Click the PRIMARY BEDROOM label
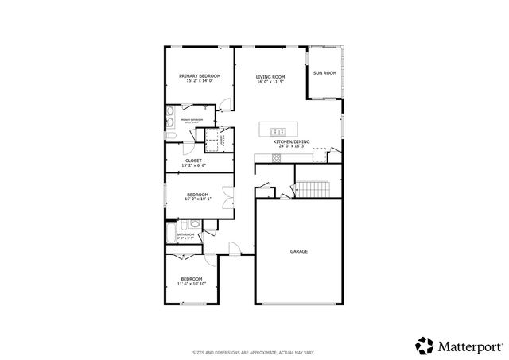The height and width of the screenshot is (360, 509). [200, 76]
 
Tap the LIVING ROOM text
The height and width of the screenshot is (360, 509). [270, 76]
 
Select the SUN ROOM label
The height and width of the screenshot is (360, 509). [324, 72]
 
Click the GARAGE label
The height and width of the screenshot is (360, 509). [299, 251]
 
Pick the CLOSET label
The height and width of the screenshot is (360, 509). [193, 161]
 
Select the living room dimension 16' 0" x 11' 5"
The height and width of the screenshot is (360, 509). [270, 82]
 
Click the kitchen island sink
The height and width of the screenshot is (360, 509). [279, 130]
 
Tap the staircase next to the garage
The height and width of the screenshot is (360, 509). [313, 189]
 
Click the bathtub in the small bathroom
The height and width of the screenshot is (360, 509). [171, 234]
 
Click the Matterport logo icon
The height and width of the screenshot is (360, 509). [424, 345]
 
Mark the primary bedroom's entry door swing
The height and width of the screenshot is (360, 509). [226, 103]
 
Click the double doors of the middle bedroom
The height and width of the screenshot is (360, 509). [228, 195]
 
